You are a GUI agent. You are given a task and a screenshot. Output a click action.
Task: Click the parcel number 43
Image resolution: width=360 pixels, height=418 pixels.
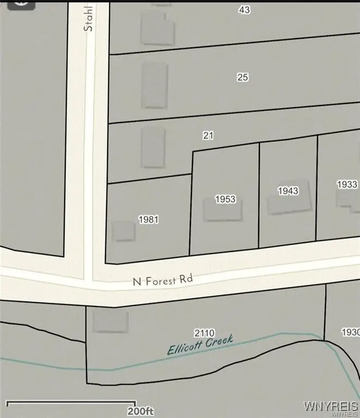pyautogui.click(x=244, y=10)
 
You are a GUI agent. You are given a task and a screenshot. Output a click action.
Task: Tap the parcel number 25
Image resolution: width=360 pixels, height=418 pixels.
pyautogui.click(x=243, y=77)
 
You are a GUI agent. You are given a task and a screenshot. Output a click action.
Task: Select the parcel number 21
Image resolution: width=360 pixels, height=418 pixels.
pyautogui.click(x=208, y=136)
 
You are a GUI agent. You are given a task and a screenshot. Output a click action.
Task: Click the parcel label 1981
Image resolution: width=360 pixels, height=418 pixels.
pyautogui.click(x=148, y=219)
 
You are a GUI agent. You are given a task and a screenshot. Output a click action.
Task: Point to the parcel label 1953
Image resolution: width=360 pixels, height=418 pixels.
pyautogui.click(x=225, y=199)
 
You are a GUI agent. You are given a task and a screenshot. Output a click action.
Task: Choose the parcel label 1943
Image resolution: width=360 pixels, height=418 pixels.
pyautogui.click(x=288, y=190)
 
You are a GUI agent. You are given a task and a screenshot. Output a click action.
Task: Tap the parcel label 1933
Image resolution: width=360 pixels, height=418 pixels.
pyautogui.click(x=347, y=185)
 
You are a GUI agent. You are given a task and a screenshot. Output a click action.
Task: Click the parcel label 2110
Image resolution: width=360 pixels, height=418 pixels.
pyautogui.click(x=204, y=333)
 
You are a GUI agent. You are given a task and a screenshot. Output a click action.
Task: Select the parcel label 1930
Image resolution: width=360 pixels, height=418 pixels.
pyautogui.click(x=350, y=331)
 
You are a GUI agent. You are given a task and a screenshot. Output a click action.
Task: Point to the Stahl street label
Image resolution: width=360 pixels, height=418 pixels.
pyautogui.click(x=89, y=19)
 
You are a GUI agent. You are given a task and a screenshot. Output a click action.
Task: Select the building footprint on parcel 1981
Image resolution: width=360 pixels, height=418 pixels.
pyautogui.click(x=123, y=231)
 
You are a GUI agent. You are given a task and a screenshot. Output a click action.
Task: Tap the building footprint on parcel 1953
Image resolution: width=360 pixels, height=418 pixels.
pyautogui.click(x=222, y=210)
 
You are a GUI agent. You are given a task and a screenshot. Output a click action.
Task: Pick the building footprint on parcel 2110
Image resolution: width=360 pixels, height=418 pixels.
pyautogui.click(x=110, y=321)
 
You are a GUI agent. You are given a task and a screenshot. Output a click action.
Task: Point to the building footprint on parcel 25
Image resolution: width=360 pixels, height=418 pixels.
pyautogui.click(x=154, y=85)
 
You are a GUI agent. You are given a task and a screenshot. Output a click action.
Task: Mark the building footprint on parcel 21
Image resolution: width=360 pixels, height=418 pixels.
pyautogui.click(x=153, y=147)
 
